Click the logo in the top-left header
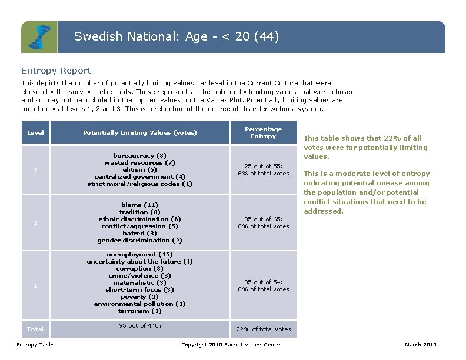pos(39,37)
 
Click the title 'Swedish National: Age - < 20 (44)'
pos(177,36)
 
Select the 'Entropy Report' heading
pos(56,71)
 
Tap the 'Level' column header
pos(35,133)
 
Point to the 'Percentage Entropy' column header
pos(263,133)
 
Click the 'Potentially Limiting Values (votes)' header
pos(140,133)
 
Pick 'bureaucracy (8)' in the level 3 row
pos(140,155)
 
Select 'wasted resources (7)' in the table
pos(140,162)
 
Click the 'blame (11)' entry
pos(140,205)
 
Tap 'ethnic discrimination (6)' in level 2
pos(140,219)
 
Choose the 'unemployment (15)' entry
pos(140,254)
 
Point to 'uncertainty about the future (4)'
pos(140,261)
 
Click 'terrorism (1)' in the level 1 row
pos(140,311)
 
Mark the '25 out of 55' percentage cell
pos(263,169)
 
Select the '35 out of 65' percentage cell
pos(263,222)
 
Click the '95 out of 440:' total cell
pos(140,325)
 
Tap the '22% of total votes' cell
pos(263,329)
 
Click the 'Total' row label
pos(35,329)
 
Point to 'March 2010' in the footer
pos(421,345)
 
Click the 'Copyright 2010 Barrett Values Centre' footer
pos(231,345)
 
